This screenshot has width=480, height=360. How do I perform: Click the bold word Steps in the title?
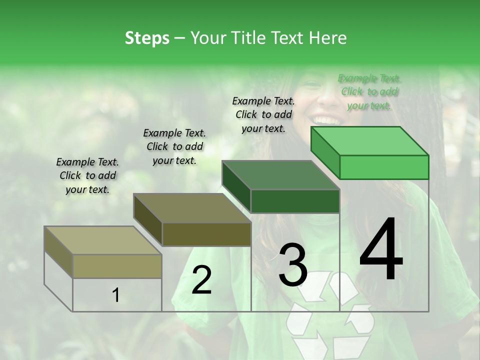tap(147, 38)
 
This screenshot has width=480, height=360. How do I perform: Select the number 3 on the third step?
tap(293, 264)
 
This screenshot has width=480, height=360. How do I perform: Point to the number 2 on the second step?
tap(201, 279)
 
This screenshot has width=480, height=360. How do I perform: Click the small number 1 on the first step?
tap(116, 295)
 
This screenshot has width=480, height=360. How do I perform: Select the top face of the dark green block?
tap(280, 175)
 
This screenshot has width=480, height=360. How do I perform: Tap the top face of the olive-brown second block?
tap(192, 208)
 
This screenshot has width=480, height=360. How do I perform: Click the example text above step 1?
tap(87, 175)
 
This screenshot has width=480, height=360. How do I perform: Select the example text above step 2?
tap(174, 146)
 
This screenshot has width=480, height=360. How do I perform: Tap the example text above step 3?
tap(263, 114)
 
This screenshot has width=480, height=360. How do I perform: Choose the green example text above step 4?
tap(369, 91)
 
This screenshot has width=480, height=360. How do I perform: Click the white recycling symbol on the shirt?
tap(330, 315)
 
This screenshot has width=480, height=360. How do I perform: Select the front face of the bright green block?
tap(384, 167)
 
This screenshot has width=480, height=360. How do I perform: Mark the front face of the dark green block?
tap(295, 201)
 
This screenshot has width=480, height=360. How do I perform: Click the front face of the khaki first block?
tap(117, 266)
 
